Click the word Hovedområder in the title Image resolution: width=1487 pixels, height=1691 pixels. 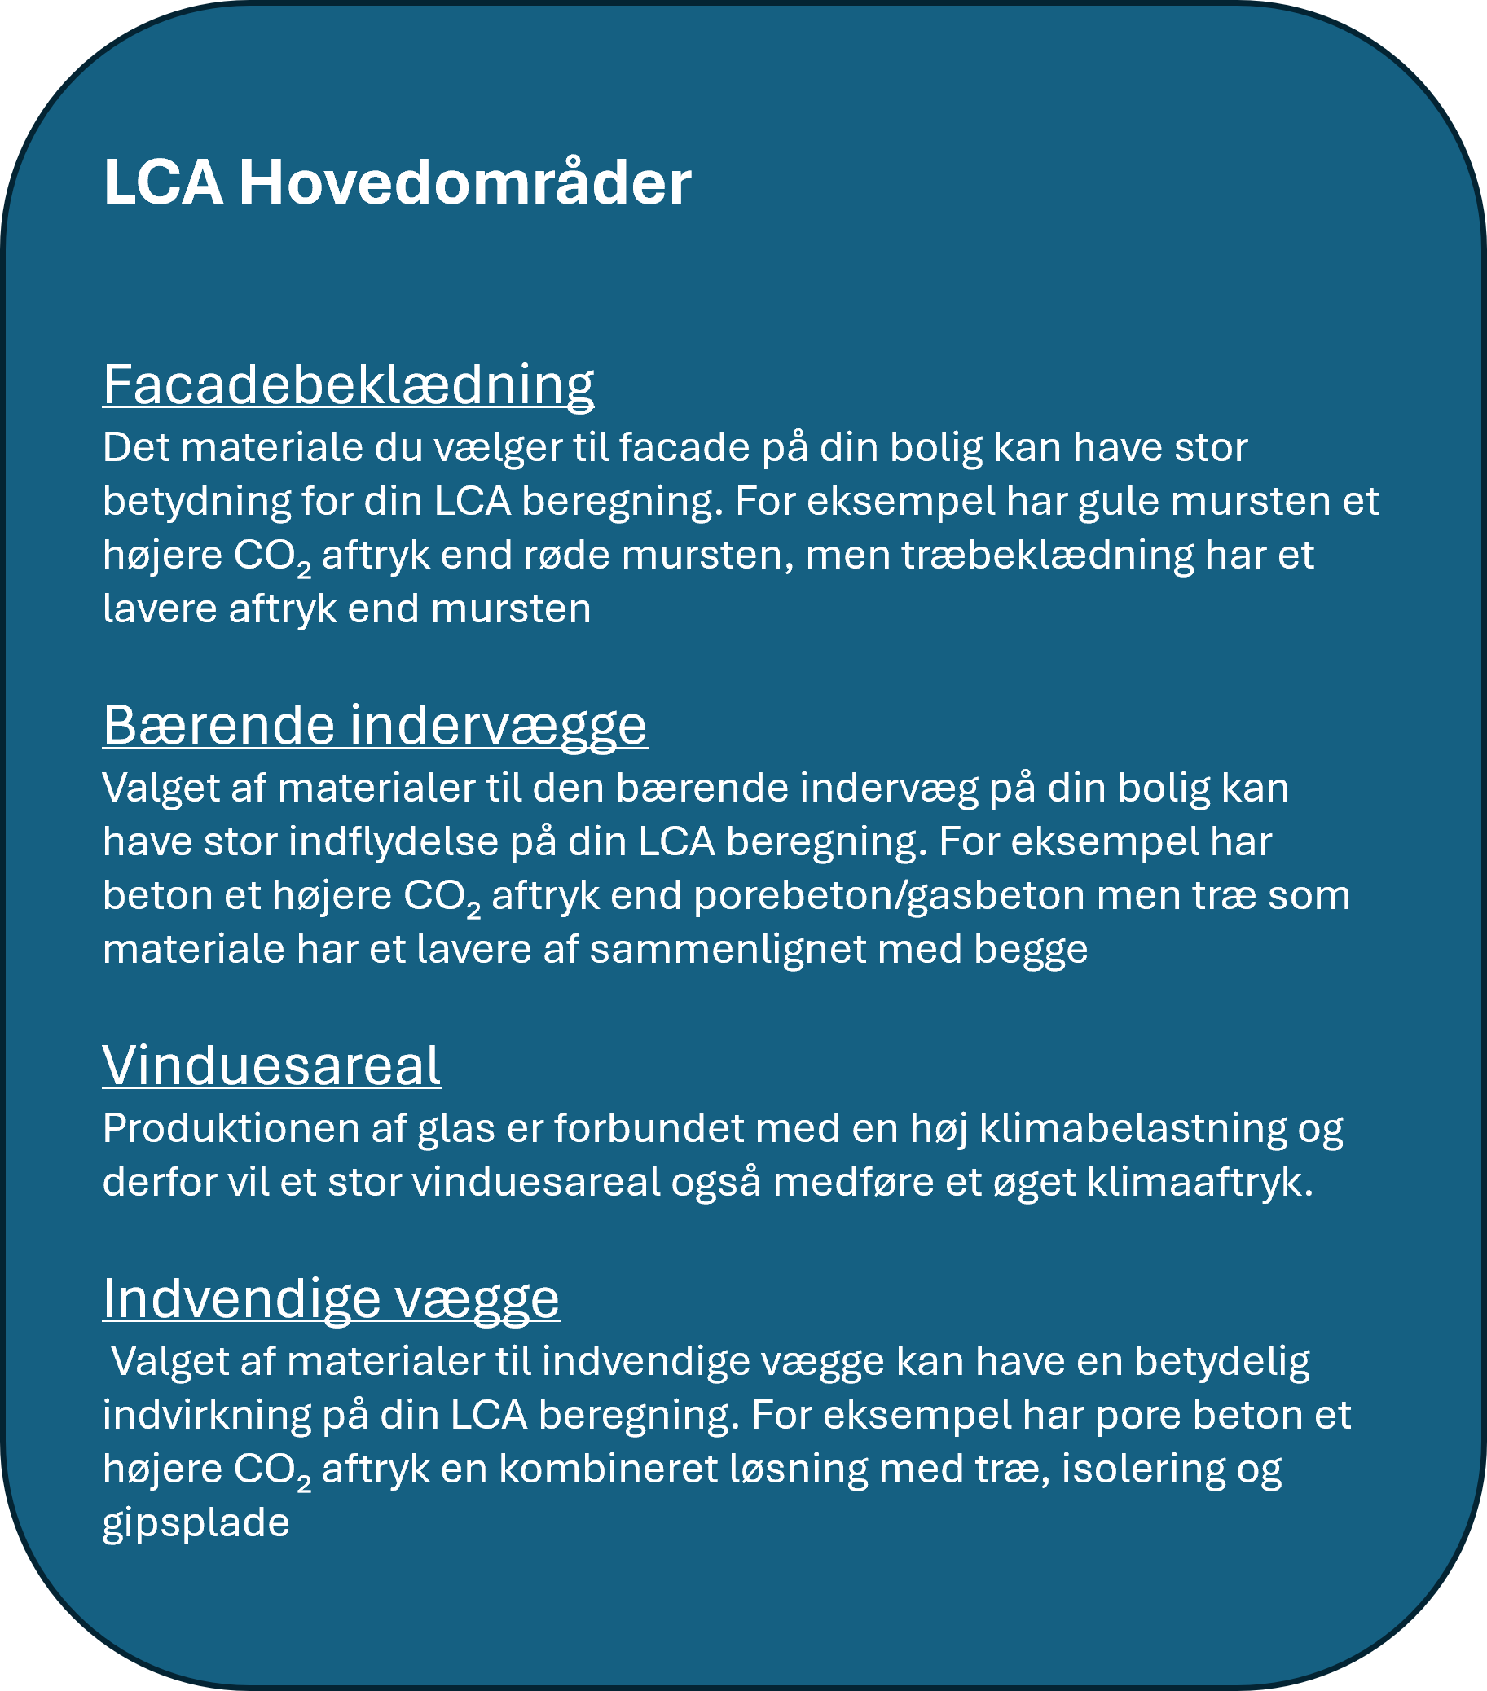pos(465,182)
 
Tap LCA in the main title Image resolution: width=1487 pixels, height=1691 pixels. pos(162,182)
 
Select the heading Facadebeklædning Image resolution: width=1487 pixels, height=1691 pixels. pos(349,384)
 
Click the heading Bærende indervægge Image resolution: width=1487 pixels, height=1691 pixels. pos(375,725)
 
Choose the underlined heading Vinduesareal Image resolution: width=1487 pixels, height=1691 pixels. pos(271,1065)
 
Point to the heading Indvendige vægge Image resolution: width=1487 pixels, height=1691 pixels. pos(331,1298)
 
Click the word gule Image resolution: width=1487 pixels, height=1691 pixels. pos(1114,501)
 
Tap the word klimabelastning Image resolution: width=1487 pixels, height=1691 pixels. pos(1133,1128)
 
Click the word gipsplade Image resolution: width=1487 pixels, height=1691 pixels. pos(196,1523)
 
